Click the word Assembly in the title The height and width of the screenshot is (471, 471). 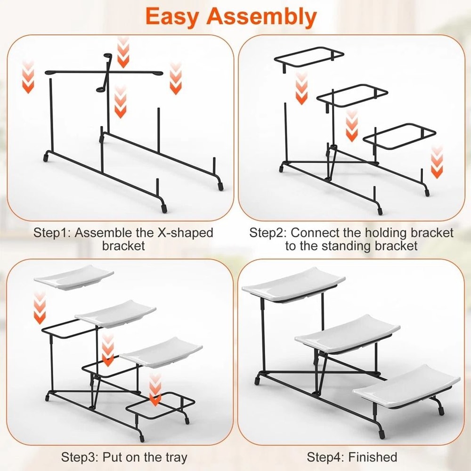pos(262,16)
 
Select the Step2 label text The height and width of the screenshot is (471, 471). pos(268,233)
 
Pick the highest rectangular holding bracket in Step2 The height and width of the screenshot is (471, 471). pos(309,56)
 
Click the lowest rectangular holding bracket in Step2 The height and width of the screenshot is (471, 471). pos(400,137)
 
